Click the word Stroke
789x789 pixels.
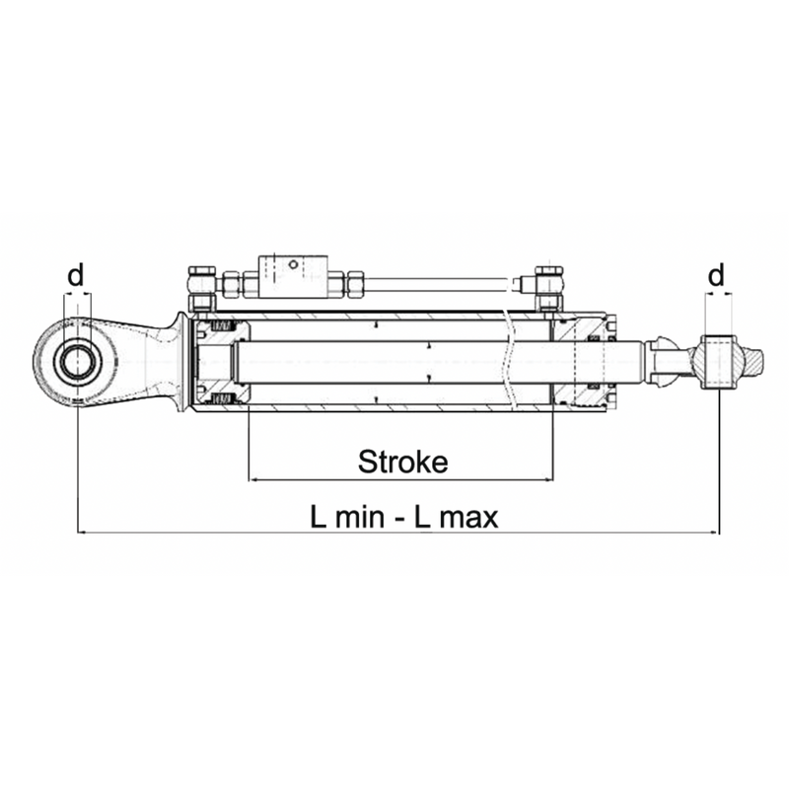pyautogui.click(x=402, y=461)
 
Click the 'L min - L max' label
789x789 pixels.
pyautogui.click(x=404, y=517)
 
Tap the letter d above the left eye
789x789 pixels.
pyautogui.click(x=76, y=276)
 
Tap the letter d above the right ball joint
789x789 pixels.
pyautogui.click(x=718, y=274)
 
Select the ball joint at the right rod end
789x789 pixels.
pyautogui.click(x=716, y=362)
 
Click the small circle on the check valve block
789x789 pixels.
pyautogui.click(x=291, y=264)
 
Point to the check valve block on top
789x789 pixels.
pyautogui.click(x=291, y=276)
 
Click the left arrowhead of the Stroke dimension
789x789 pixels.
pyautogui.click(x=253, y=479)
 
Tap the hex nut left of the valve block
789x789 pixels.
pyautogui.click(x=233, y=283)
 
